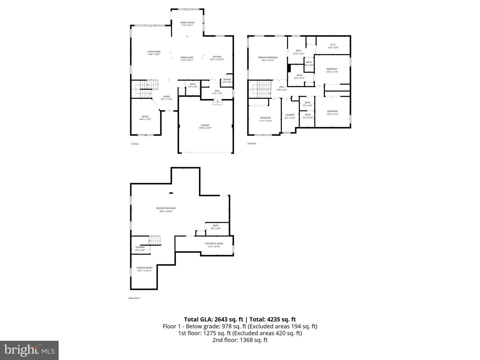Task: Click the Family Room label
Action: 187,23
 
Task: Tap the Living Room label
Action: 154,52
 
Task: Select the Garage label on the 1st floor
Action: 205,125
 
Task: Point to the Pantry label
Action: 227,80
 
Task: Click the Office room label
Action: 145,117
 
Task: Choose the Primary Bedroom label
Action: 268,58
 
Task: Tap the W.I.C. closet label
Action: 333,45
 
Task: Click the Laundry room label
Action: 290,115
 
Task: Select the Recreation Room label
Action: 166,208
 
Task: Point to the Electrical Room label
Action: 214,243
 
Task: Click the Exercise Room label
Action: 144,268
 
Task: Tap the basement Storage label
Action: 140,247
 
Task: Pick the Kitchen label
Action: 217,57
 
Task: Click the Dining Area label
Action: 187,58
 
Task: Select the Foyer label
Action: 166,97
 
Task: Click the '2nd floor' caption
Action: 252,144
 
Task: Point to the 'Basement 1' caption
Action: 134,298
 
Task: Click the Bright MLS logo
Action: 29,350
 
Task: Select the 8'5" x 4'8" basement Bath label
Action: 216,226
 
